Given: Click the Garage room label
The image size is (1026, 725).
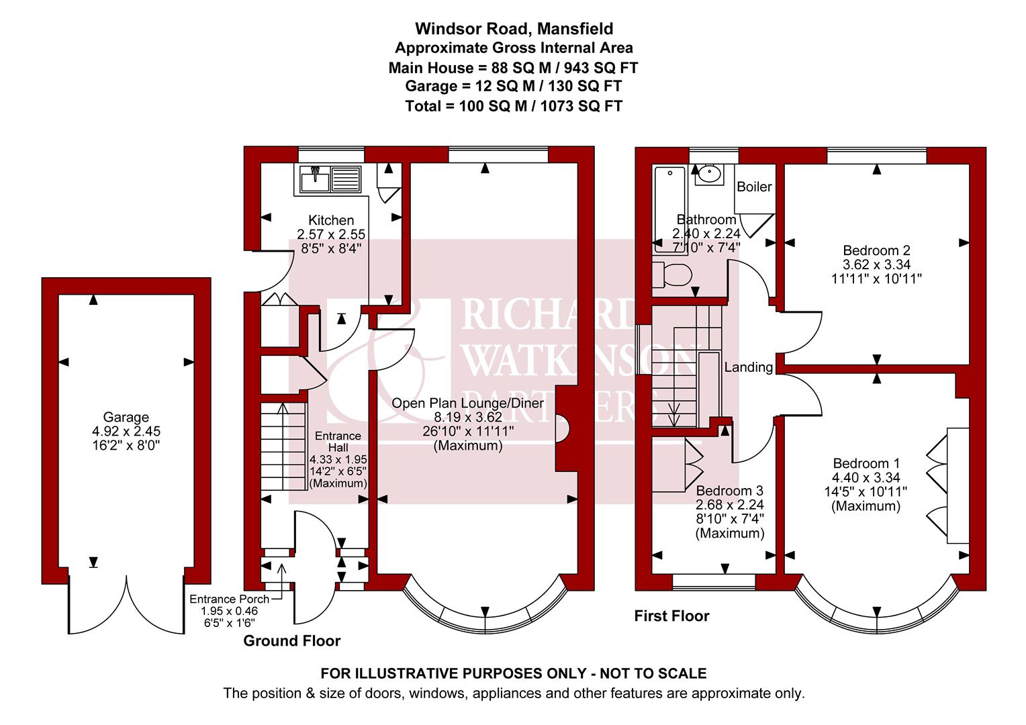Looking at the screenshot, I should [x=126, y=418].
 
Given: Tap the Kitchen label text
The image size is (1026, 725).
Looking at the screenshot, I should [x=330, y=220].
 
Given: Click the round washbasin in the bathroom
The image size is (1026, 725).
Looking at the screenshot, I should [x=708, y=175].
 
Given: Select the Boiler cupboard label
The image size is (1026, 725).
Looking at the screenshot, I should [x=754, y=187].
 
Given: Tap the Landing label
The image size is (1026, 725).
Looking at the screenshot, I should [x=748, y=367].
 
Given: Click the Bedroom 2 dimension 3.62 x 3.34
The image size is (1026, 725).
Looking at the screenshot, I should [x=876, y=264].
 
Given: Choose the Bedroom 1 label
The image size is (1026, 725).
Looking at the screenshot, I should [x=866, y=463].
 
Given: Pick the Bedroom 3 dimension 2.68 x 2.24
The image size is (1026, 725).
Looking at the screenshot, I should [x=730, y=505].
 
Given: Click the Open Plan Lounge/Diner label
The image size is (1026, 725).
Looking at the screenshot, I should [x=467, y=403].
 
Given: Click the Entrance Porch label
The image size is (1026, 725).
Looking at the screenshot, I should [x=229, y=599].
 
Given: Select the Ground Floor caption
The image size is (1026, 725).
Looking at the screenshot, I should [x=291, y=641].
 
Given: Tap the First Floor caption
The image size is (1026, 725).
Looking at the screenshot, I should [x=671, y=616].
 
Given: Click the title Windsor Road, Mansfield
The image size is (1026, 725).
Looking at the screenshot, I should [x=513, y=29].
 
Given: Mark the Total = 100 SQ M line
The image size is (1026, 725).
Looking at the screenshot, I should [x=513, y=106].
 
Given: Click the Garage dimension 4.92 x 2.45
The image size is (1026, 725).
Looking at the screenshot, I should [x=126, y=432].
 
